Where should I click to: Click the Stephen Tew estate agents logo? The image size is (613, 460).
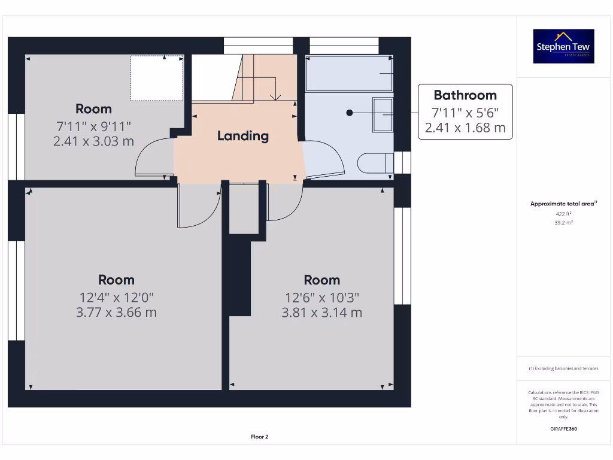(x=564, y=46)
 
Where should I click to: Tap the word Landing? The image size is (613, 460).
(x=242, y=136)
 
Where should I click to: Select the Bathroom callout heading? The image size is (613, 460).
(x=465, y=95)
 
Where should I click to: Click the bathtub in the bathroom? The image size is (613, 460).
(x=349, y=74)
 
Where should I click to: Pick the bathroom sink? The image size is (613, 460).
(x=383, y=114)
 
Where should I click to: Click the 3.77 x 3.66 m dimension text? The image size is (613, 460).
(x=116, y=312)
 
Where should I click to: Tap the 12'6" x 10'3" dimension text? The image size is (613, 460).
(x=321, y=297)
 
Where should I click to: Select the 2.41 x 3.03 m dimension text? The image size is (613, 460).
(x=93, y=141)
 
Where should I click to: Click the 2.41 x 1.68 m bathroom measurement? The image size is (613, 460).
(x=465, y=128)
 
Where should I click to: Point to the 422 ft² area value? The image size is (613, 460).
(x=563, y=213)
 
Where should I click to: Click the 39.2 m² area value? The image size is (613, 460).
(x=563, y=222)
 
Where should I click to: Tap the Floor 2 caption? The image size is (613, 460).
(x=259, y=437)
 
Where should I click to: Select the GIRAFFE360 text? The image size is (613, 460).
(x=563, y=429)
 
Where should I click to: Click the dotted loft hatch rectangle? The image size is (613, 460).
(x=157, y=78)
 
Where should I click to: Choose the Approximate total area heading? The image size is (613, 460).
(x=563, y=204)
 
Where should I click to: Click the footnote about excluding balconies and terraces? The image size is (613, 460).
(x=563, y=368)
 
